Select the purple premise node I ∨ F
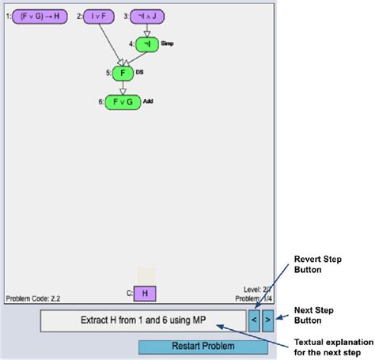tap(100, 15)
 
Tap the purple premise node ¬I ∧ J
tap(147, 15)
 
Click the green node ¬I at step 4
tap(147, 45)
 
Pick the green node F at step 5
tap(122, 74)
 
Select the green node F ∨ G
tap(122, 101)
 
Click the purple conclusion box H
tap(145, 294)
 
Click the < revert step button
tap(253, 320)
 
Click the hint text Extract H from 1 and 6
tap(142, 320)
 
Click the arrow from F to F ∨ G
tap(122, 87)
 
